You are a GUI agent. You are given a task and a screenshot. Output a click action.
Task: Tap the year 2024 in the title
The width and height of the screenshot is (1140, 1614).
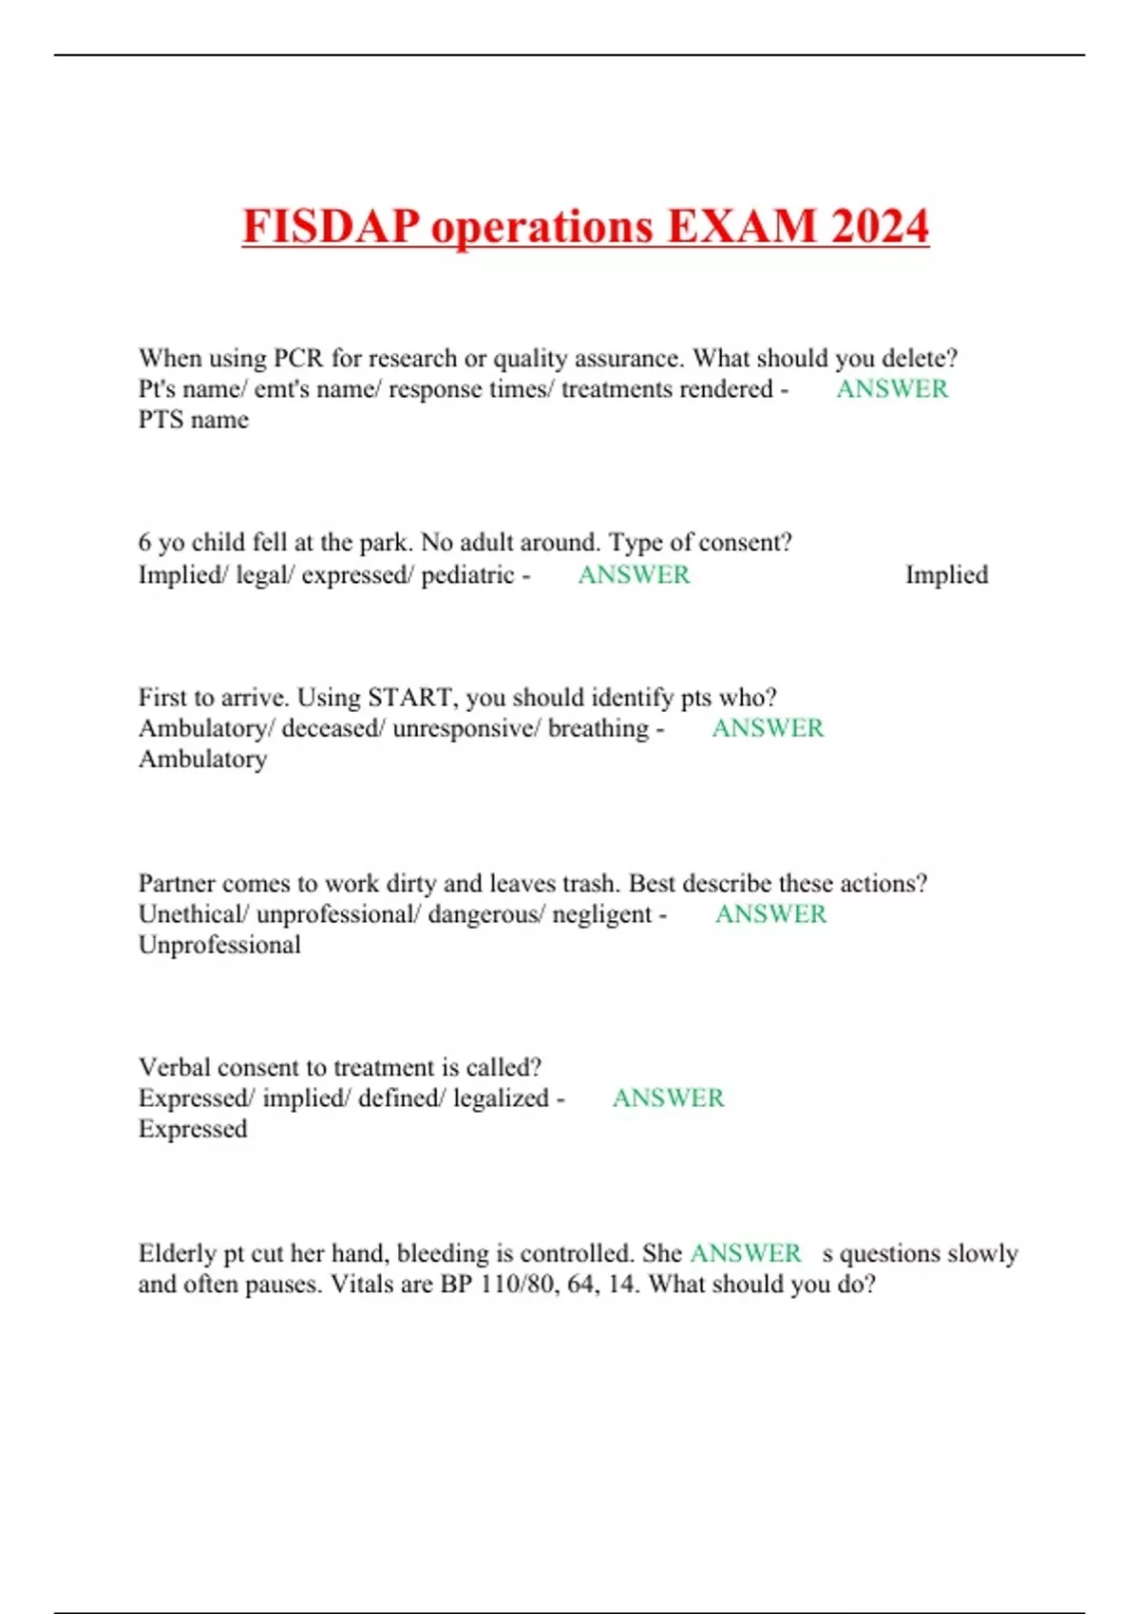879,227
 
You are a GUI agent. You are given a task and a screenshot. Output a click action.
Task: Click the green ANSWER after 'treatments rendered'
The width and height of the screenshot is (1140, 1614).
892,389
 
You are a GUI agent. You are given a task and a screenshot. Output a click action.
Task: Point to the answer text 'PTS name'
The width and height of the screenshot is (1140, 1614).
194,420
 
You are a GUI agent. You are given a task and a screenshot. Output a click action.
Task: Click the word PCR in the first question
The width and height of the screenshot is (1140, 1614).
298,359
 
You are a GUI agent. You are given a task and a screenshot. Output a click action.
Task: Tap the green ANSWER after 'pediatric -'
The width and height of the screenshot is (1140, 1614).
634,575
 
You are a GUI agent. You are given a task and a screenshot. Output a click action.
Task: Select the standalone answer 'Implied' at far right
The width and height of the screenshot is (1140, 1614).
946,575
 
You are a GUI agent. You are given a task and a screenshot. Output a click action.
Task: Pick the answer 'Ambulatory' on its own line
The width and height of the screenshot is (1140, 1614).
203,760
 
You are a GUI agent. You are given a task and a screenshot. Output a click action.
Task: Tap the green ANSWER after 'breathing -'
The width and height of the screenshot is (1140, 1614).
768,728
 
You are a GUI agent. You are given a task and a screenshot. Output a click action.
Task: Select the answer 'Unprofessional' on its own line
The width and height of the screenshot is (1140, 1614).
219,946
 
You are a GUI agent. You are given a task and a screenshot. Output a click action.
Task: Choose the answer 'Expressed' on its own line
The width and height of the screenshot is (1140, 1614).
193,1129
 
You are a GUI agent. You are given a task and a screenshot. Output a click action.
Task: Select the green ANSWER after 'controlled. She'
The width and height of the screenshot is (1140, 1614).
745,1253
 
